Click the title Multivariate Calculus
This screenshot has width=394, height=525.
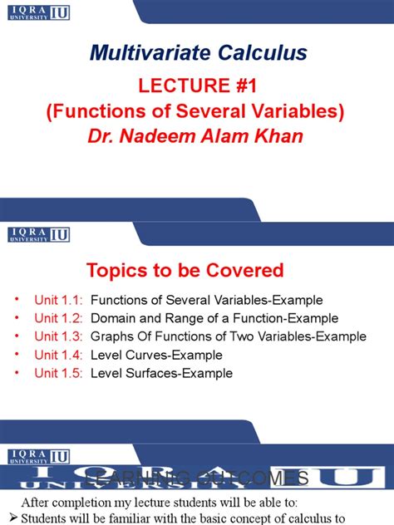198,55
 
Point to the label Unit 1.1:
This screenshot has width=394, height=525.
59,300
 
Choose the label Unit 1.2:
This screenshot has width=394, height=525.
59,318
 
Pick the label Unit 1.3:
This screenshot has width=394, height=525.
59,336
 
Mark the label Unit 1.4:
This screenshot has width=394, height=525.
59,355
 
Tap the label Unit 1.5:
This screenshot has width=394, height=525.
59,373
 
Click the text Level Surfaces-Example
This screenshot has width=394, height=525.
161,373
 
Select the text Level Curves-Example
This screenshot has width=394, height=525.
155,355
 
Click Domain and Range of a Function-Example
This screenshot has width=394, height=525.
214,318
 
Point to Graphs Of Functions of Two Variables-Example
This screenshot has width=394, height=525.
228,336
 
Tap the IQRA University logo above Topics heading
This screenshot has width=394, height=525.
38,234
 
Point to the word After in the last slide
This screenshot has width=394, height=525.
40,503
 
